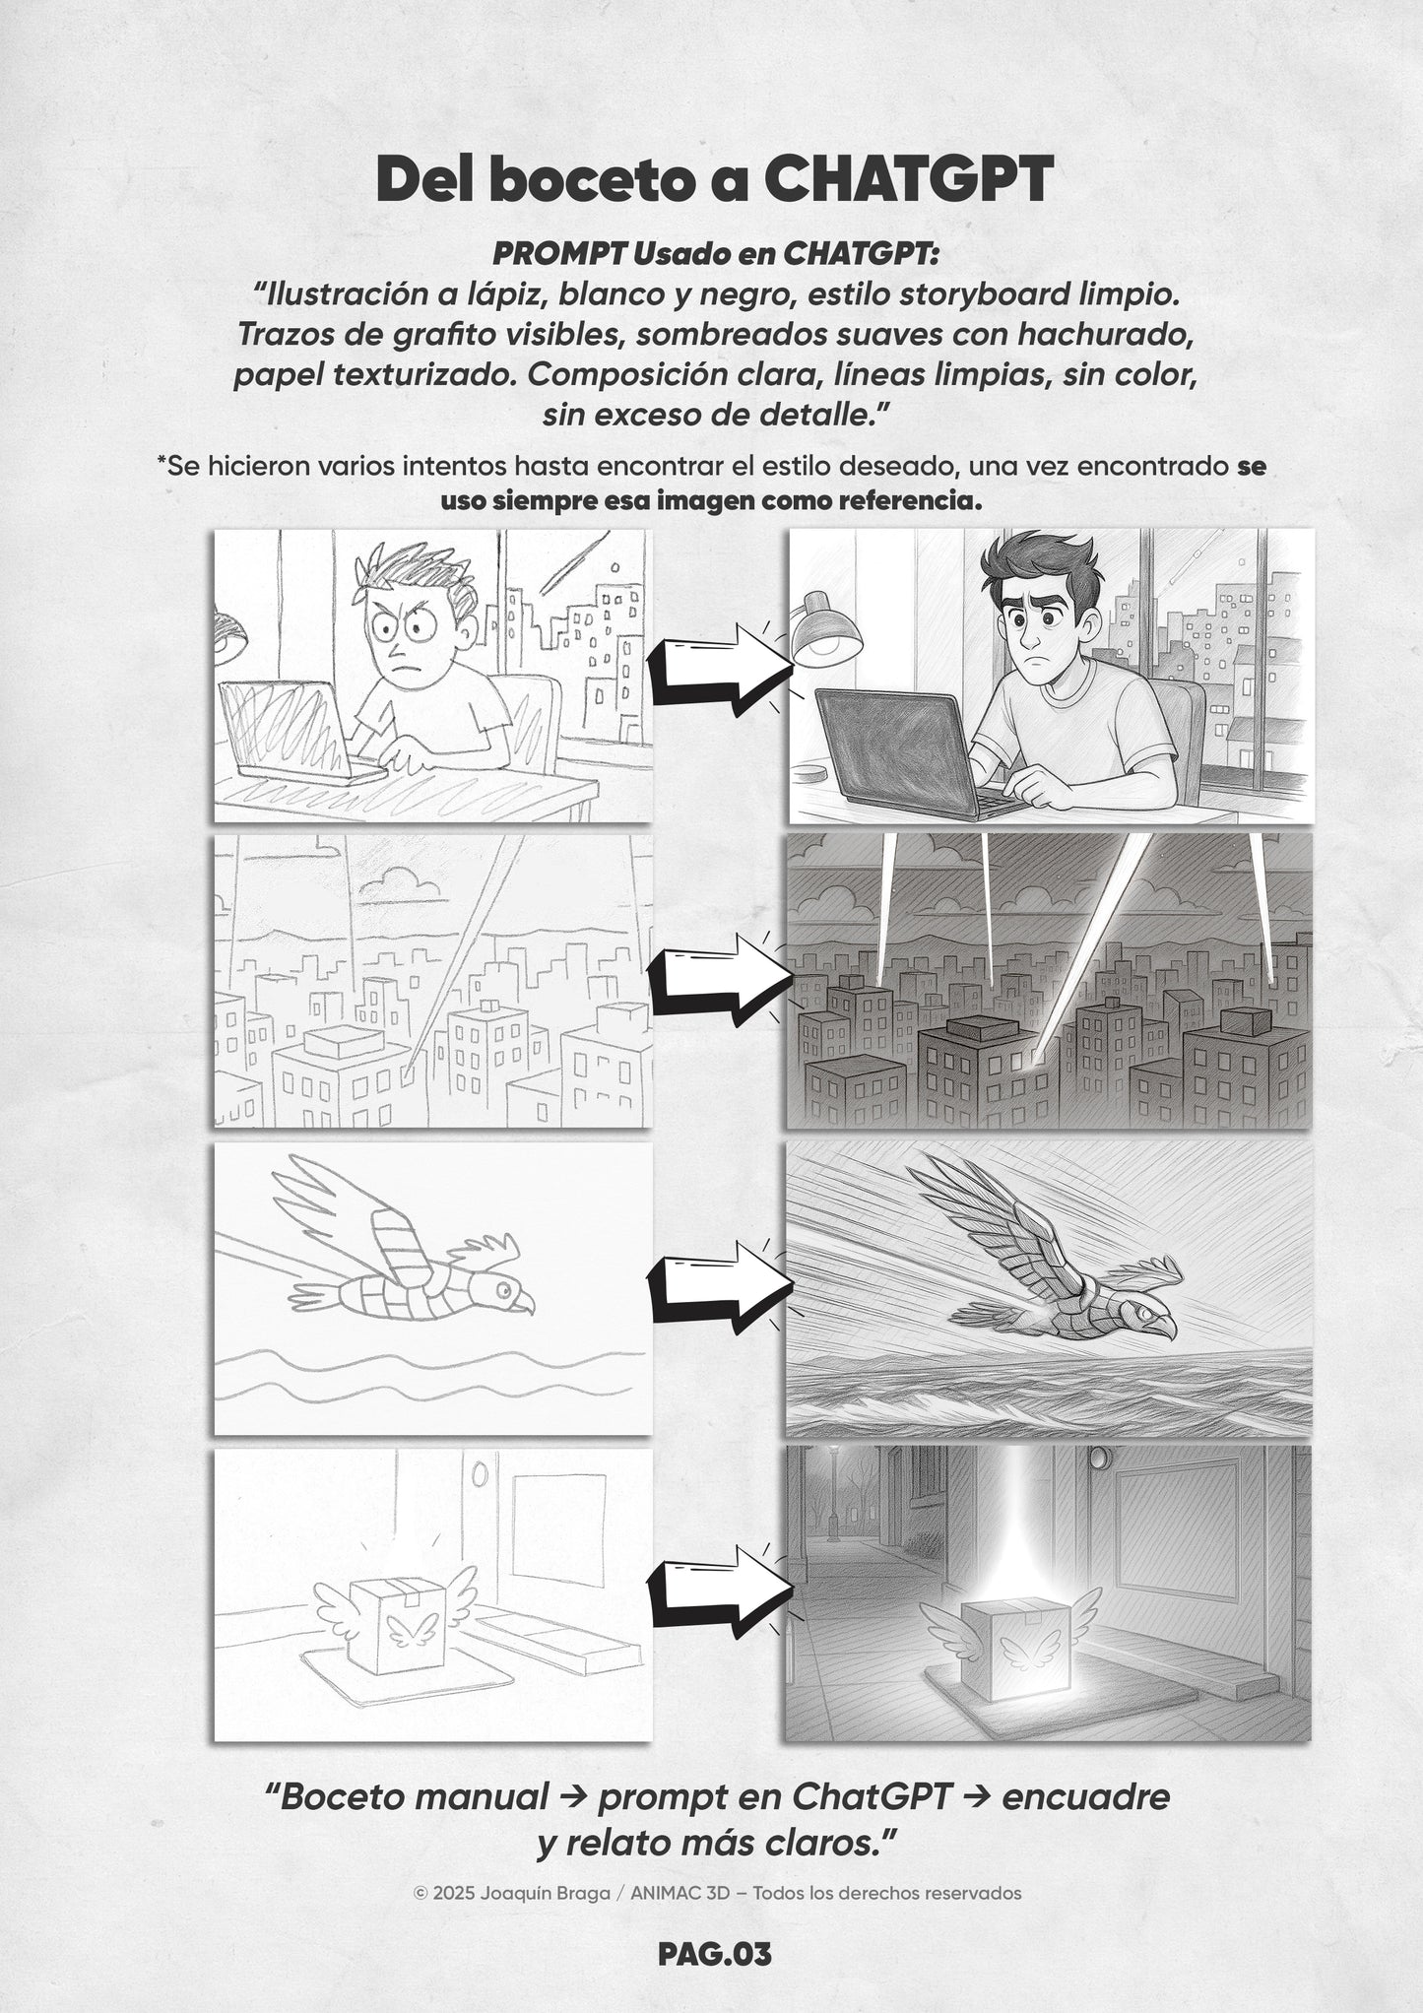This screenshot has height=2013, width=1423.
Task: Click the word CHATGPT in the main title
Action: point(908,179)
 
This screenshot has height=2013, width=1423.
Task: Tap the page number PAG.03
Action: point(715,1956)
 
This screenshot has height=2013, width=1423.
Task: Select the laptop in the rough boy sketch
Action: point(295,734)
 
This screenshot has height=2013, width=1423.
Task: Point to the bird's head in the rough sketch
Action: point(501,1291)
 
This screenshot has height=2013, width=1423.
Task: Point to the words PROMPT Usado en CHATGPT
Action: point(715,253)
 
